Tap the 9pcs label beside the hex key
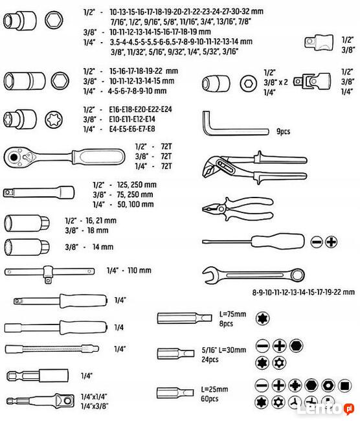[x=283, y=131]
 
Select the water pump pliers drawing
[x=254, y=168]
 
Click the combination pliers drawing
[x=238, y=209]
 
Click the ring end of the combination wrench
[x=298, y=275]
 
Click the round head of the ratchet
[x=14, y=157]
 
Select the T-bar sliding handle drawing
[x=49, y=274]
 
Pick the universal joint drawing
[x=312, y=80]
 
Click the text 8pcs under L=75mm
[x=226, y=324]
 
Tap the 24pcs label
[x=210, y=359]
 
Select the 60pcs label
[x=210, y=399]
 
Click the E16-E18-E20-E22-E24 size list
[x=141, y=109]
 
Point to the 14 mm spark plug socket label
[x=103, y=247]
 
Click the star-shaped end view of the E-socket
[x=54, y=119]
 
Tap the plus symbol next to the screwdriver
[x=331, y=242]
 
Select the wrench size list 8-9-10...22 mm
[x=304, y=292]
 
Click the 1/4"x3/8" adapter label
[x=95, y=406]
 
